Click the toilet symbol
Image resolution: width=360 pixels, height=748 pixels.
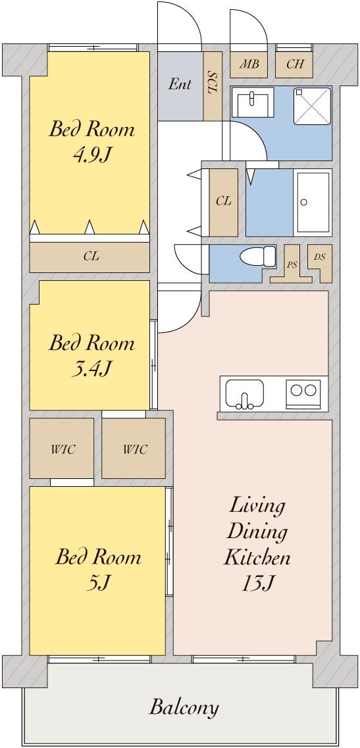[x=258, y=256]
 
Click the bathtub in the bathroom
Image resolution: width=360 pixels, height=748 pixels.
[x=313, y=201]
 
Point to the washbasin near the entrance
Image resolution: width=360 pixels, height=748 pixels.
[x=253, y=101]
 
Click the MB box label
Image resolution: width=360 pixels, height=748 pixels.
[x=248, y=64]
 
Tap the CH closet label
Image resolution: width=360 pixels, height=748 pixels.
[x=295, y=64]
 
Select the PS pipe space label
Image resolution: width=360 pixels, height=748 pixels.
[x=290, y=264]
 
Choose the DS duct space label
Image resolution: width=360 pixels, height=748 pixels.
[x=319, y=257]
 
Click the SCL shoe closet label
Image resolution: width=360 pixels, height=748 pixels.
[x=213, y=84]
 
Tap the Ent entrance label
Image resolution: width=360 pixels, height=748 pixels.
[x=180, y=84]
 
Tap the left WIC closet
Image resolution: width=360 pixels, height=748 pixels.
[x=62, y=449]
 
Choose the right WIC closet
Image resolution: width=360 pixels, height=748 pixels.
[x=134, y=449]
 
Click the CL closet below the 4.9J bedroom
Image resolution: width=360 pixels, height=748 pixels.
[x=90, y=257]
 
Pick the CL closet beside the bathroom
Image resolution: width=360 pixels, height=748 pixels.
[x=224, y=202]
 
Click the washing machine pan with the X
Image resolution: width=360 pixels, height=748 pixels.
[x=312, y=106]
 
